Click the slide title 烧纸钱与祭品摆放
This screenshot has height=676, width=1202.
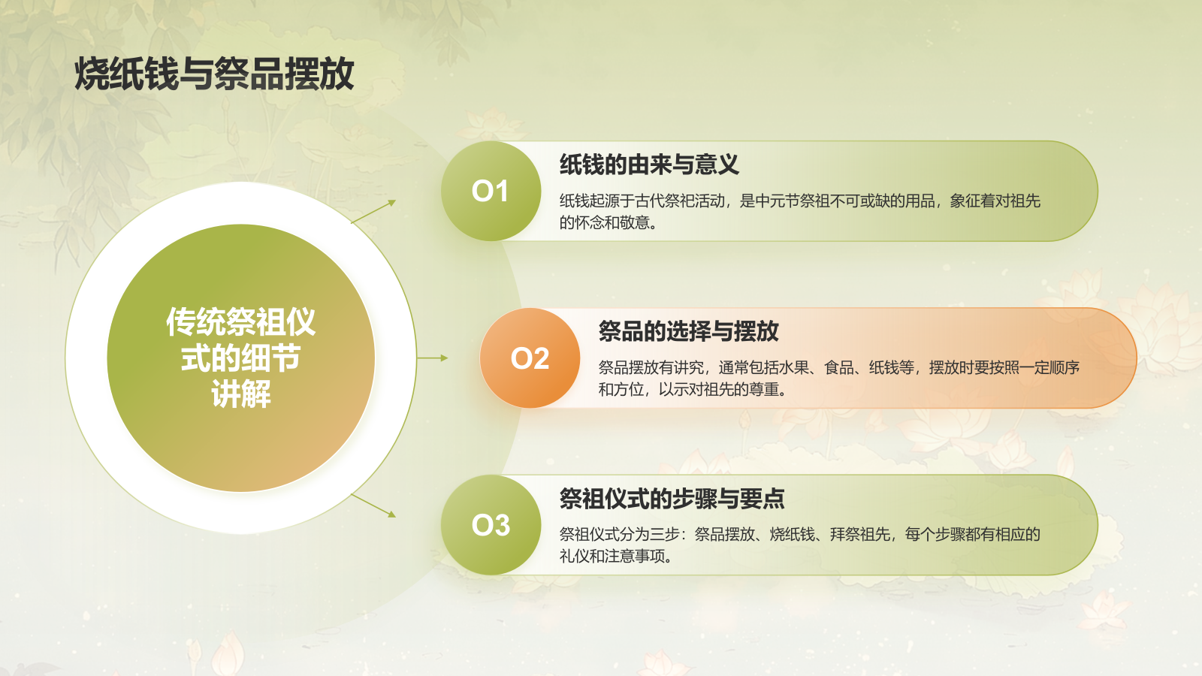pos(214,74)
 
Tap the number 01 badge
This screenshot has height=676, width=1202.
pos(491,191)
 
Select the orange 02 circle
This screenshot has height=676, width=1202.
pos(530,358)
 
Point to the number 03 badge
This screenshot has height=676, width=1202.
pos(491,525)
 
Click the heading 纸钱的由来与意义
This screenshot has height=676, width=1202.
pos(649,164)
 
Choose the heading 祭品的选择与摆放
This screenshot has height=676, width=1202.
pos(688,331)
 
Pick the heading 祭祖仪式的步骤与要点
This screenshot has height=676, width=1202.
pos(672,499)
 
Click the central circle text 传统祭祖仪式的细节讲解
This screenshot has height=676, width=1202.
pos(240,358)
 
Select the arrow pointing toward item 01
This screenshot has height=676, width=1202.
pos(373,212)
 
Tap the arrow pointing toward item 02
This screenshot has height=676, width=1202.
pos(433,358)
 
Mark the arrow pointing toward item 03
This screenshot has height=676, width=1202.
pos(373,505)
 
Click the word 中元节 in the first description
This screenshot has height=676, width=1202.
pos(778,201)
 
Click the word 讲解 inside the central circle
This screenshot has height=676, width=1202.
pos(240,394)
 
